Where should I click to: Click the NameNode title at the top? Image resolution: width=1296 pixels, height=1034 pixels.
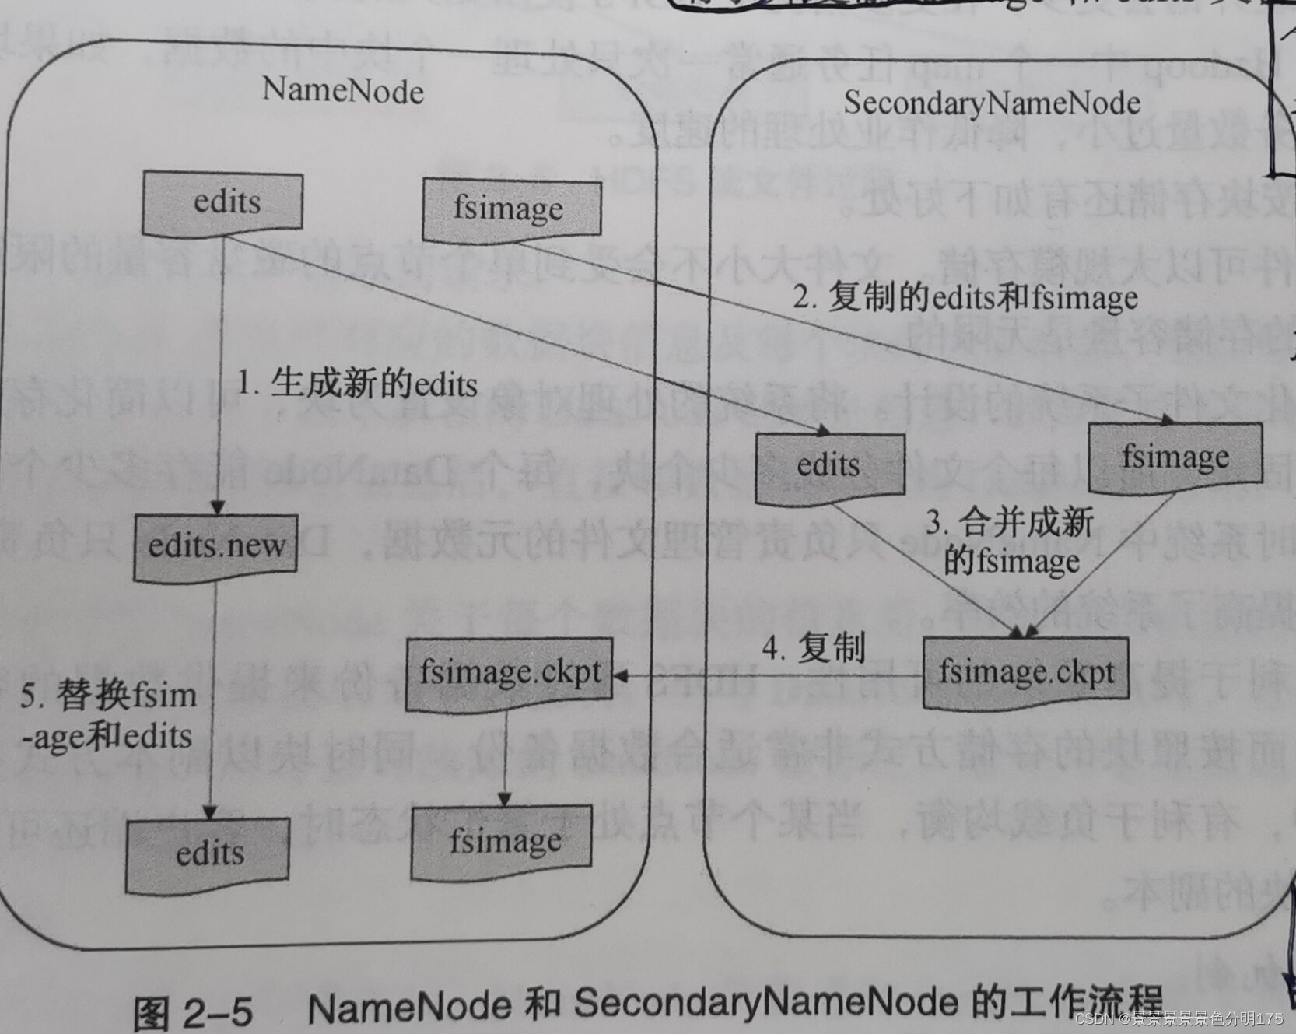342,91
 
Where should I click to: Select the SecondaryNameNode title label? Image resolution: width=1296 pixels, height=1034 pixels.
992,103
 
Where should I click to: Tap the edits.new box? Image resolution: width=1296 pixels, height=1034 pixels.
215,546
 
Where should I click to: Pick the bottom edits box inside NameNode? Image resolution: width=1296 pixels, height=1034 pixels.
208,853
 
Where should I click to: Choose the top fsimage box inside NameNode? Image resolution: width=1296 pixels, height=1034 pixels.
510,209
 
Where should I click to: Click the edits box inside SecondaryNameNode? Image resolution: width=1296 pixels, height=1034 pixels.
829,465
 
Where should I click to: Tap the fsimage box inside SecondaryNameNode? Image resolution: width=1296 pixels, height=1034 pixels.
1175,457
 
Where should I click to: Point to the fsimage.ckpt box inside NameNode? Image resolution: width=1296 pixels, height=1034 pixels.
510,672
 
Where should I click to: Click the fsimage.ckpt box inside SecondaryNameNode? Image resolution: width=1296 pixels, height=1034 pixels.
1025,672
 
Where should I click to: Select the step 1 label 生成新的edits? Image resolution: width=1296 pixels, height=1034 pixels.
357,384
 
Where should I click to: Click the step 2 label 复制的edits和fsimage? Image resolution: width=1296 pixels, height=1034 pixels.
965,298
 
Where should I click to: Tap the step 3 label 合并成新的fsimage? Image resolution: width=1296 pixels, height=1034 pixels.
1010,542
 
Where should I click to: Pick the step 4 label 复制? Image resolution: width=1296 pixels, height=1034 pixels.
813,647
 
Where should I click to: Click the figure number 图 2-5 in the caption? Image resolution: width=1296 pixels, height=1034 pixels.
193,1012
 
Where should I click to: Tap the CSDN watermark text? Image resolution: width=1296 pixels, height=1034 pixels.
1178,1018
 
